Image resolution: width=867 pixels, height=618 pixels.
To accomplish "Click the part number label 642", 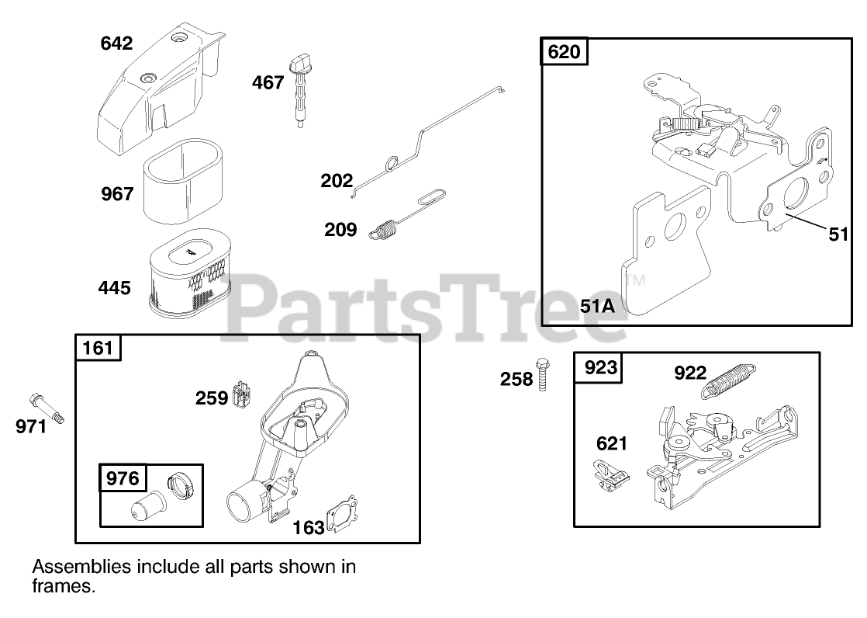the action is point(117,43).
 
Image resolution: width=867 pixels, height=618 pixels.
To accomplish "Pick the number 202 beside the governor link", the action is point(337,182).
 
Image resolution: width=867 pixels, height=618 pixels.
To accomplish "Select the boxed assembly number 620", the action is point(563,52).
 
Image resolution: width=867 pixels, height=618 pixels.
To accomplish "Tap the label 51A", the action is point(597,306).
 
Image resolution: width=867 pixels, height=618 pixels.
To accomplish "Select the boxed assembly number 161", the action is point(98,347).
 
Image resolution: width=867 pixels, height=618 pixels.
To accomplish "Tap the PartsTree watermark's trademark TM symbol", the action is point(635,280).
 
